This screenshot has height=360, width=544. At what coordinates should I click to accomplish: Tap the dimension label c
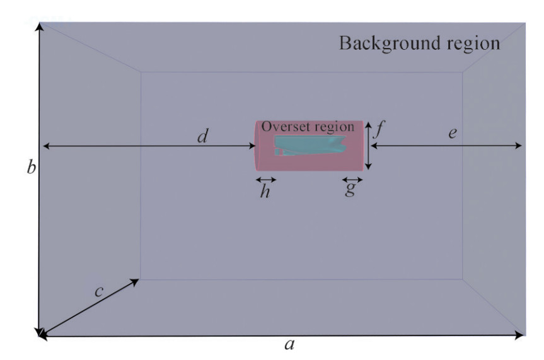tap(98, 291)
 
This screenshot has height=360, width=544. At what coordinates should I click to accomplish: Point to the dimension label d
tap(202, 136)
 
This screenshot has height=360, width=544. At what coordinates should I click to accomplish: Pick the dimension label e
tap(453, 134)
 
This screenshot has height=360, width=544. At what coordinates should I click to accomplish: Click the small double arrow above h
tap(265, 180)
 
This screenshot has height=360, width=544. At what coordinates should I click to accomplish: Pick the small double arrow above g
tap(351, 180)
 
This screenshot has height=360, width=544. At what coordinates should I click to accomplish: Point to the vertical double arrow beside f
tap(369, 146)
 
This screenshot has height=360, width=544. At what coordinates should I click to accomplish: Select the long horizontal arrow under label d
tap(149, 146)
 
